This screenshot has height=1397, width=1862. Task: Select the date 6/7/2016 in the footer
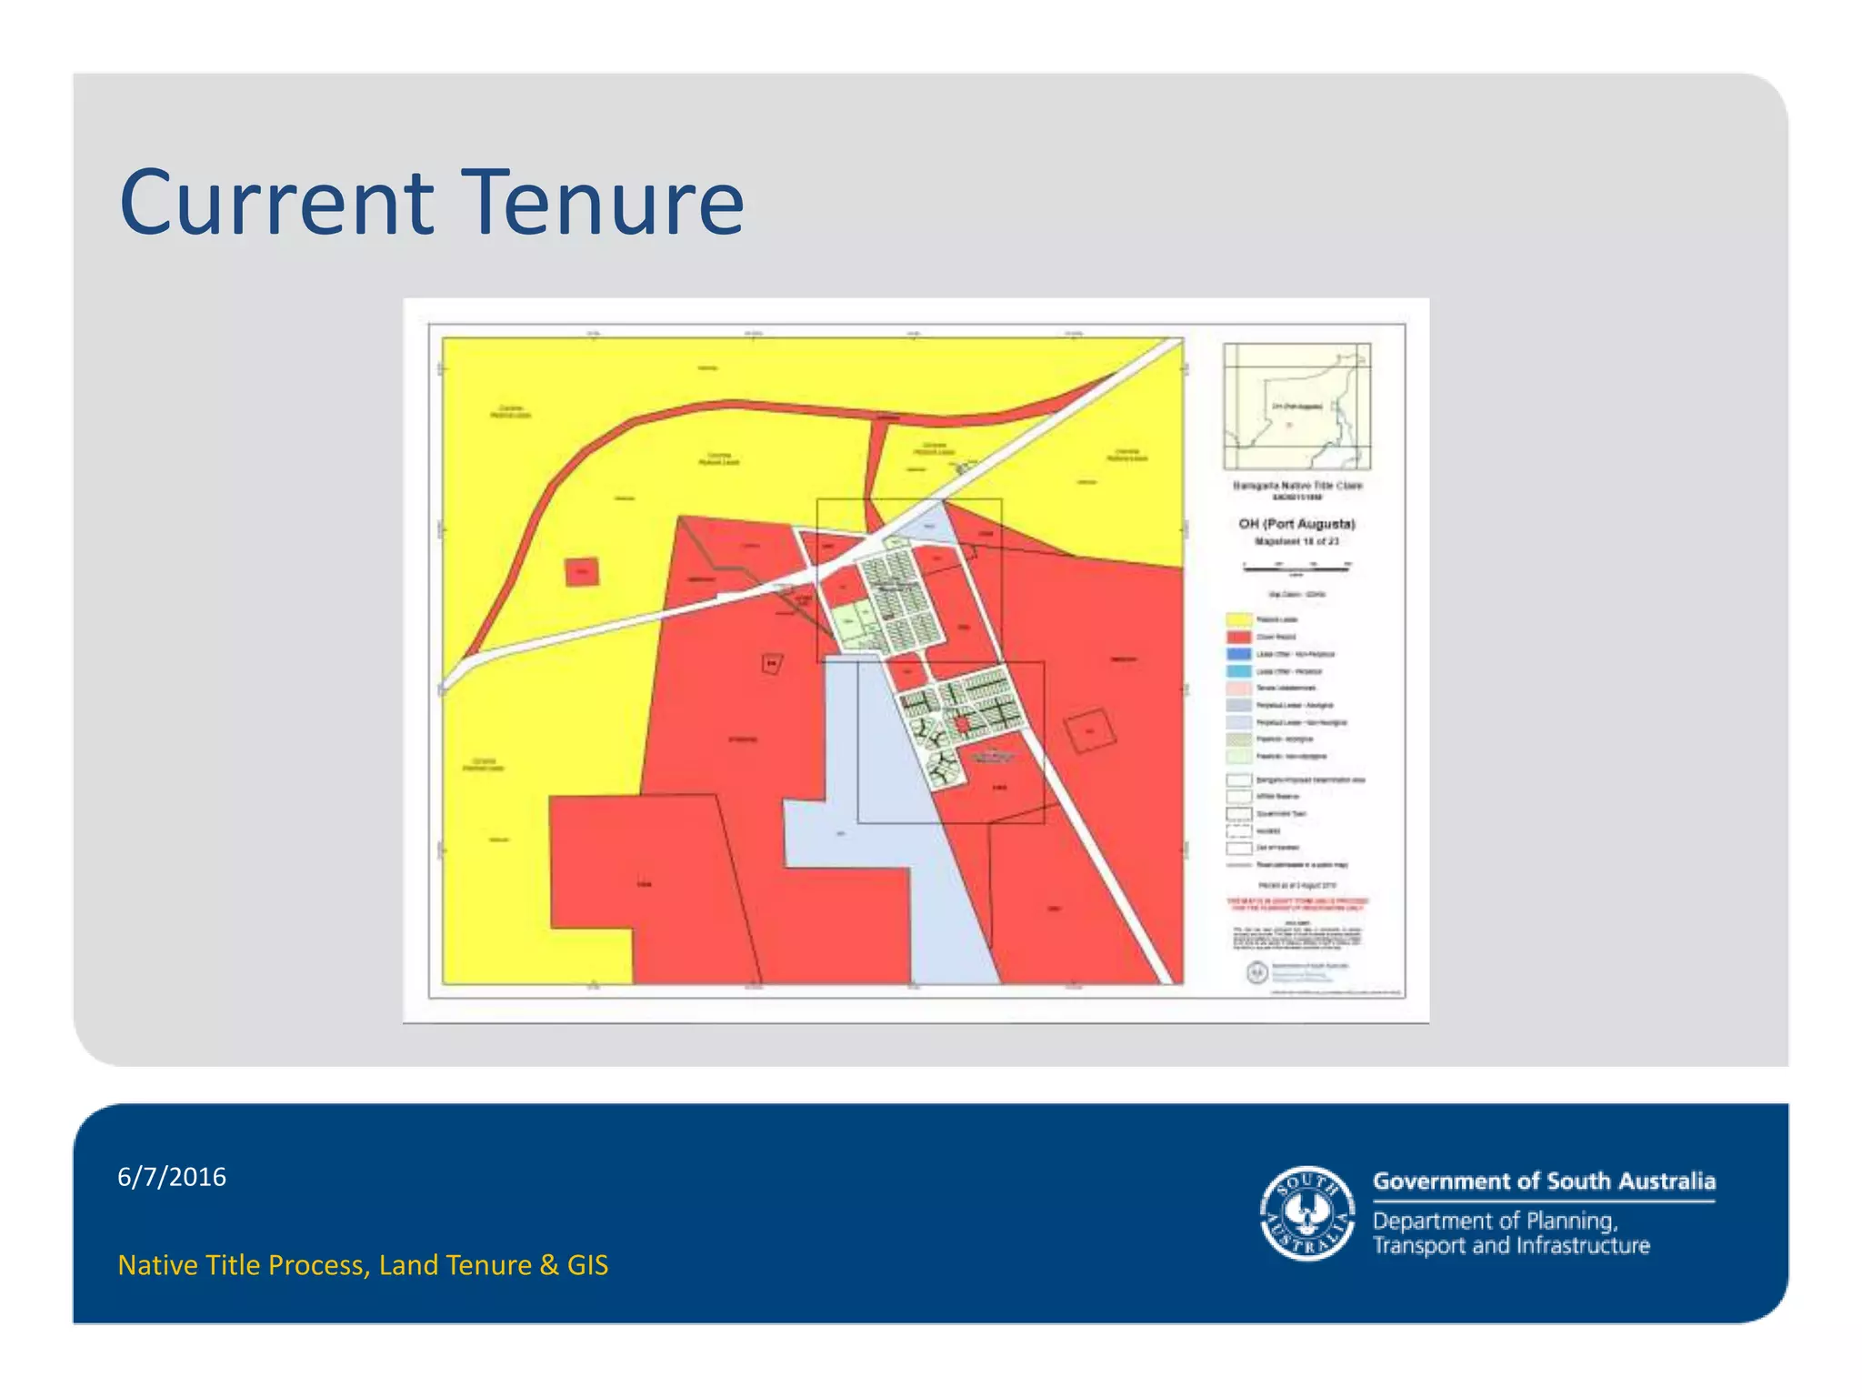(x=172, y=1177)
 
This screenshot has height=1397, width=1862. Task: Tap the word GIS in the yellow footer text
(x=587, y=1265)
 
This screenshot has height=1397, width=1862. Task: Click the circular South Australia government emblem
(x=1307, y=1214)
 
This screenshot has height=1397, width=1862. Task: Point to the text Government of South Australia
(x=1544, y=1181)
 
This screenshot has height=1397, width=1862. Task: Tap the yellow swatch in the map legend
(x=1239, y=620)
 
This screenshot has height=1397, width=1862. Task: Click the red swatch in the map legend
(x=1239, y=638)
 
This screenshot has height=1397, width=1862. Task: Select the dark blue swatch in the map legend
(x=1239, y=654)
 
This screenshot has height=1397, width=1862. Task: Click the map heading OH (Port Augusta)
(x=1296, y=524)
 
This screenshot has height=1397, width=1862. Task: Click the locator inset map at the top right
(x=1296, y=406)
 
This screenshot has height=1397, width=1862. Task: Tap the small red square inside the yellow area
(x=582, y=572)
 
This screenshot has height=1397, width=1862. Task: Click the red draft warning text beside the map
(x=1298, y=904)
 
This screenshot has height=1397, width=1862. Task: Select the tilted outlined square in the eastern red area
(x=1089, y=731)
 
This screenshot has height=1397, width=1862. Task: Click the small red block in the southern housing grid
(x=962, y=724)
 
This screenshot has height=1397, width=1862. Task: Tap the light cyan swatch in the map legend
(x=1239, y=671)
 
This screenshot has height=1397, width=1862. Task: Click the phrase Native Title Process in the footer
(x=244, y=1265)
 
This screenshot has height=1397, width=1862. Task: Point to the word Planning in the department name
(x=1571, y=1221)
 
